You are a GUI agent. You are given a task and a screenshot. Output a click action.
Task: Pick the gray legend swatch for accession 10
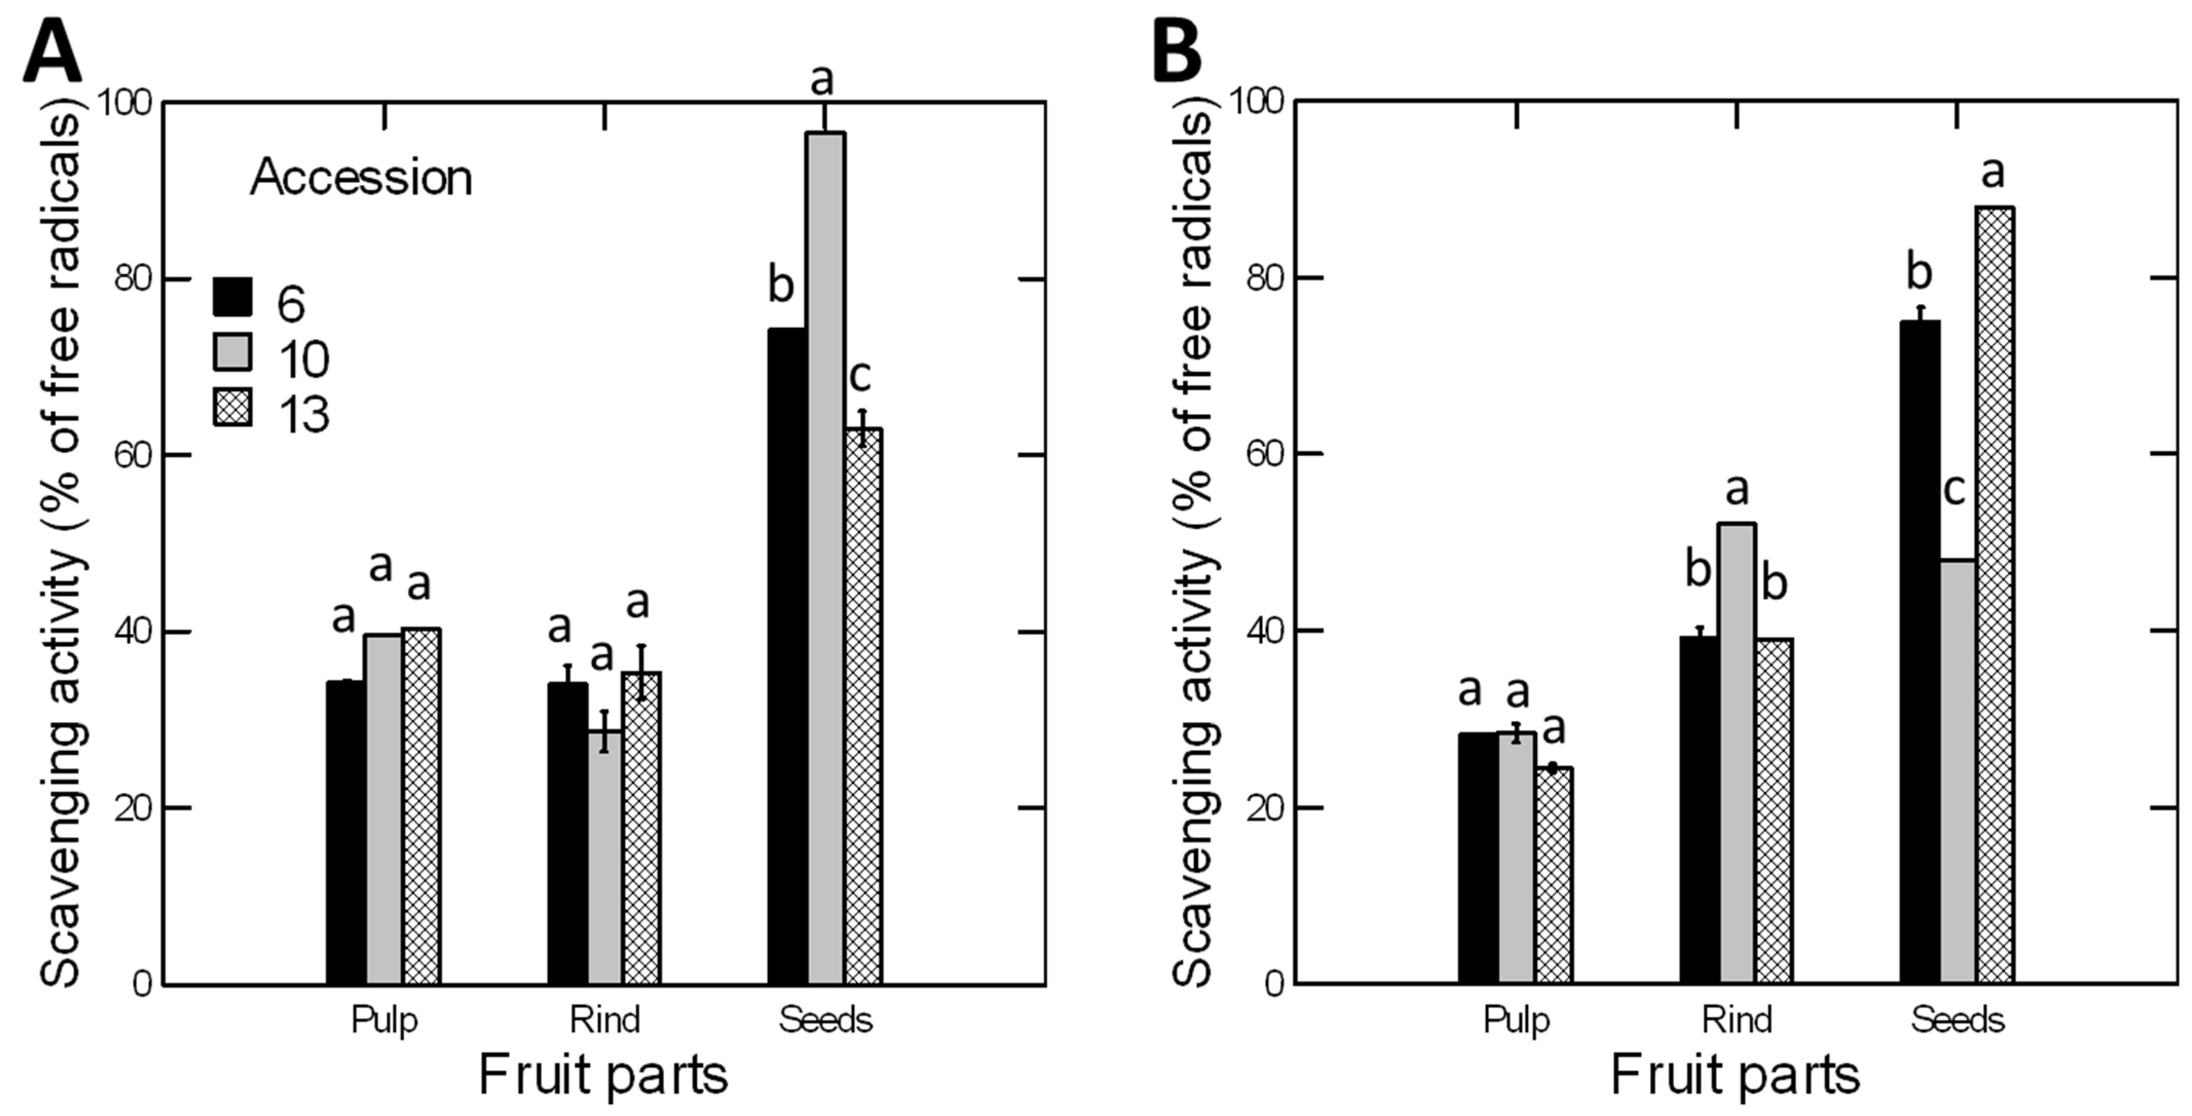point(232,352)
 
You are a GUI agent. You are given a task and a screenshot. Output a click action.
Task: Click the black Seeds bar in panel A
point(787,655)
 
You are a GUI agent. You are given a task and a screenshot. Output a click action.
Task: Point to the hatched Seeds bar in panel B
point(1995,595)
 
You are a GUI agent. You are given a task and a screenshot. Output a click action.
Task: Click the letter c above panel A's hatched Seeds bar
point(860,377)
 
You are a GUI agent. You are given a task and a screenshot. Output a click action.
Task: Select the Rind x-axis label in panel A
point(604,1019)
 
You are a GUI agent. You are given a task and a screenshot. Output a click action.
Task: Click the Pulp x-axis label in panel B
point(1516,1019)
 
